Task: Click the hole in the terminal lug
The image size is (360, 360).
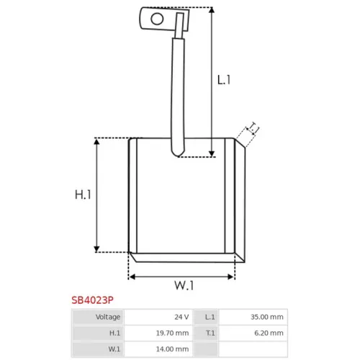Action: click(x=157, y=19)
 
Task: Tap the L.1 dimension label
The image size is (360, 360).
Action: click(x=224, y=80)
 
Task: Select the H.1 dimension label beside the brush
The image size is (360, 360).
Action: click(x=83, y=194)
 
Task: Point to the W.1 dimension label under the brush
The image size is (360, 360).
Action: click(x=184, y=285)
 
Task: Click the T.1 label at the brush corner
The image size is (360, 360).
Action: click(x=253, y=127)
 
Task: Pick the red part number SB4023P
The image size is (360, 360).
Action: click(x=92, y=300)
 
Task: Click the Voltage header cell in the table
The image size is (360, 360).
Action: click(x=98, y=317)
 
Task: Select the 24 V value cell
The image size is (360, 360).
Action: click(x=158, y=317)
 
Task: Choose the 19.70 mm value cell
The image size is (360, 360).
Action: click(x=158, y=333)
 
